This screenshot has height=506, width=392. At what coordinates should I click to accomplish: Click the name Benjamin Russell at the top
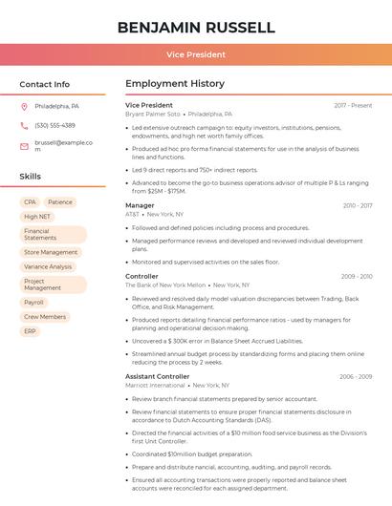tap(196, 28)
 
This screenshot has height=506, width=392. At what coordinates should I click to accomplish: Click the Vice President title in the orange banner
tap(196, 54)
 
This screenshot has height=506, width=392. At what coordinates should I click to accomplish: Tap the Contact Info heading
tap(44, 84)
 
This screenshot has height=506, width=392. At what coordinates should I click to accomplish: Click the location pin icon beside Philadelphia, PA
tap(24, 106)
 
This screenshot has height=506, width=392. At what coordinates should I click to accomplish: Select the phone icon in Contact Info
tap(24, 125)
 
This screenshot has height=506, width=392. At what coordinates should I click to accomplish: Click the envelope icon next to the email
tap(24, 146)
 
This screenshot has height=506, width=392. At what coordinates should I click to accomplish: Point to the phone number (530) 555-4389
tap(54, 125)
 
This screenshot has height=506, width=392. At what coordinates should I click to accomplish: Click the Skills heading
tap(31, 177)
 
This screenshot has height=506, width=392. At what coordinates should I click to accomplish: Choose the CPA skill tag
tap(31, 202)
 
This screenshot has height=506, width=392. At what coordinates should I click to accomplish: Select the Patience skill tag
tap(60, 202)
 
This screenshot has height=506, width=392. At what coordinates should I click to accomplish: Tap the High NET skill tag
tap(37, 217)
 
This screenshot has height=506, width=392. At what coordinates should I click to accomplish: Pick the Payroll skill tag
tap(33, 302)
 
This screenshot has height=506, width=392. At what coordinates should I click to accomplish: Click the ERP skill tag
tap(31, 331)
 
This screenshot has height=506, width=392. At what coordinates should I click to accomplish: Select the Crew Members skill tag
tap(45, 316)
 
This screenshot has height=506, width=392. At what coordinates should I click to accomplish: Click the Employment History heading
tap(175, 84)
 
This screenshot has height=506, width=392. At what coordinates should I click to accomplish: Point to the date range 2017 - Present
tap(353, 105)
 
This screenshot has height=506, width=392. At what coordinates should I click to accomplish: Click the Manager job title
tap(140, 205)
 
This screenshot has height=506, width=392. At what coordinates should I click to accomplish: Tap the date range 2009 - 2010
tap(357, 277)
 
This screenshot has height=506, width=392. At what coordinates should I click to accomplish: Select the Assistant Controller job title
tap(158, 376)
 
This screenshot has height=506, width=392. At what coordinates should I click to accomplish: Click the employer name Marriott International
tap(155, 386)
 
